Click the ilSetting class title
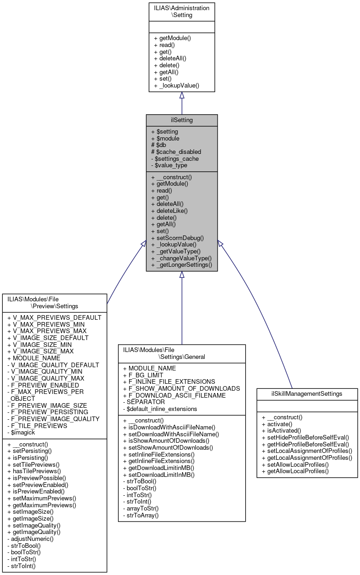182,120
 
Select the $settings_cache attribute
175,158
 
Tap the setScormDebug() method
177,238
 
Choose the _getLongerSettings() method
181,265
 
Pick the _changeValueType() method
181,258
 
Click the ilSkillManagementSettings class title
307,394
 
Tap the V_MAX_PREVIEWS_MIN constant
46,324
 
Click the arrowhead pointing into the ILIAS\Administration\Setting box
182,95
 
